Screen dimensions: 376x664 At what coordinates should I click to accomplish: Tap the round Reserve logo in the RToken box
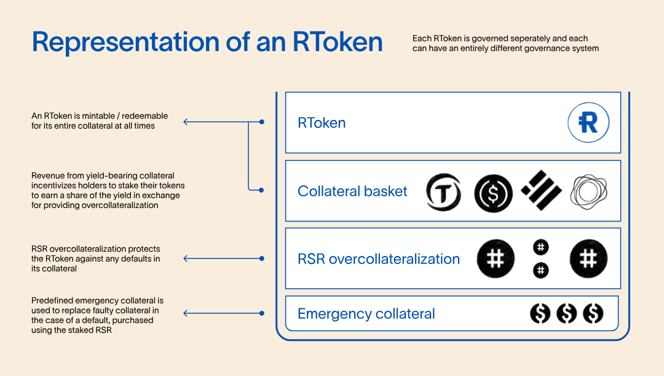click(x=588, y=122)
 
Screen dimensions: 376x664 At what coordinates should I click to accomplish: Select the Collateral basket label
click(x=352, y=191)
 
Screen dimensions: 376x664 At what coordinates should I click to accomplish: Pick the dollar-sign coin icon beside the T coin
click(x=493, y=193)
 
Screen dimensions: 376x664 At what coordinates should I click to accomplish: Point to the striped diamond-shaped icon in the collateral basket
click(x=541, y=190)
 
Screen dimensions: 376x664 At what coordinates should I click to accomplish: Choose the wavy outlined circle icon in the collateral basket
click(x=589, y=191)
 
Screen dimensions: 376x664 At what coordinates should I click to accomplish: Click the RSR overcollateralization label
click(x=379, y=259)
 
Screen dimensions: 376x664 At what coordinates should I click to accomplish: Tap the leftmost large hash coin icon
click(x=496, y=258)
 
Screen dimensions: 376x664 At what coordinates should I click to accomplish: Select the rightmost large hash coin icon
click(x=588, y=258)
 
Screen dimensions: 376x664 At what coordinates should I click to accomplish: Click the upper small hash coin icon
click(x=540, y=247)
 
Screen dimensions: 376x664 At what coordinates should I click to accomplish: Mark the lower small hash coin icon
click(x=540, y=270)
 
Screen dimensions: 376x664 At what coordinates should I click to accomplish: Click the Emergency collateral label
click(x=366, y=314)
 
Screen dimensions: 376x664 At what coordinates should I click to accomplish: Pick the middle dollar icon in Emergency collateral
click(x=566, y=314)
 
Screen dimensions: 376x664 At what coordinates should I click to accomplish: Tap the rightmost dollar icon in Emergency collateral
click(x=593, y=314)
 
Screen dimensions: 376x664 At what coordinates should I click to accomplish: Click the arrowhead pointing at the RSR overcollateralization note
click(x=186, y=258)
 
